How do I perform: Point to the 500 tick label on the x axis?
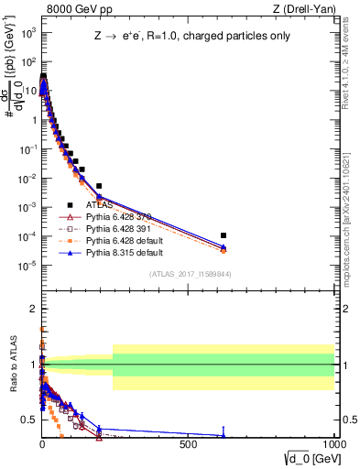click(189, 442)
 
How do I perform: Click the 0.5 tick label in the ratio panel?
click(30, 420)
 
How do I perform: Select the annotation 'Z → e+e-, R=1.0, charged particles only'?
click(182, 38)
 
